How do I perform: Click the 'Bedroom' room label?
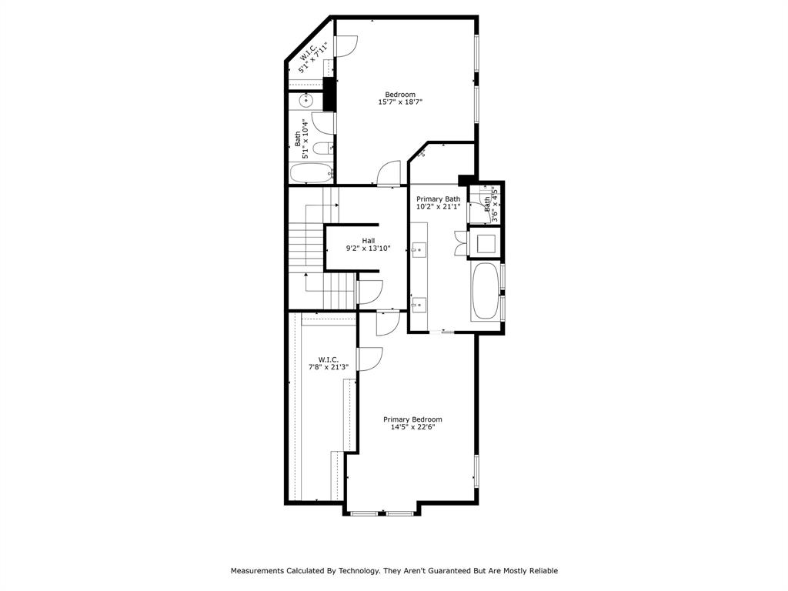coord(400,95)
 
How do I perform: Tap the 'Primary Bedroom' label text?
coord(412,419)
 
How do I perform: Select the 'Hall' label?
coord(369,240)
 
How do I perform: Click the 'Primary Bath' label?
coord(438,199)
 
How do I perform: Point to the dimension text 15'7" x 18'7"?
coord(400,102)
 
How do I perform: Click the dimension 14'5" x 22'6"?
coord(412,428)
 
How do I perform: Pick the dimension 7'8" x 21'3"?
coord(329,367)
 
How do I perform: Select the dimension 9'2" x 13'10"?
coord(369,249)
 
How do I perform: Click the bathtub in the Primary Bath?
coord(485,291)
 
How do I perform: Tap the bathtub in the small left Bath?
coord(311,172)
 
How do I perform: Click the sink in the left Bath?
coord(306,100)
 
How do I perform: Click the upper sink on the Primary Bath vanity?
coord(419,248)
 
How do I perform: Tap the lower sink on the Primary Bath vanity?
coord(419,306)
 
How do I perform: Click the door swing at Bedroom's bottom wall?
coord(389,173)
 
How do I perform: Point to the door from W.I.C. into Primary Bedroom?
coord(369,359)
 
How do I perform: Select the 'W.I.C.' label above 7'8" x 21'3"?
coord(329,359)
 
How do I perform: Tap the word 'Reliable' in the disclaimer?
coord(542,571)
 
